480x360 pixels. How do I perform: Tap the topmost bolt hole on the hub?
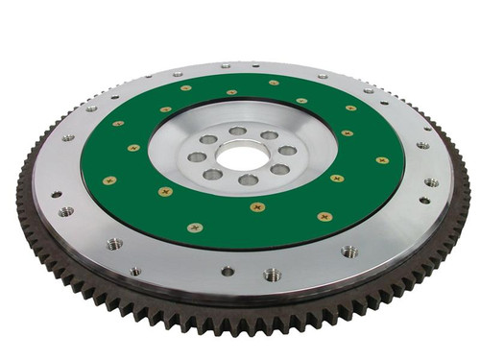point(237,131)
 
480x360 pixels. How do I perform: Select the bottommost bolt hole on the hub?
point(248,180)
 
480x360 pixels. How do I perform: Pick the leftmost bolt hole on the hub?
point(196,156)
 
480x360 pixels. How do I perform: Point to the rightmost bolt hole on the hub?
point(287,151)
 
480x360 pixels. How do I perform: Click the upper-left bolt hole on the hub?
point(208,139)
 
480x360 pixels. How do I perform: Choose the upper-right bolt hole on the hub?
point(270,135)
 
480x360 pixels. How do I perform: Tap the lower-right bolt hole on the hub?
point(279,169)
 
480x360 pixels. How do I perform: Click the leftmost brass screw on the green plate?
point(108,180)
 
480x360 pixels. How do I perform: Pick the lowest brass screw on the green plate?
point(195,228)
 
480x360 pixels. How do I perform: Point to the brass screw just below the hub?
point(257,206)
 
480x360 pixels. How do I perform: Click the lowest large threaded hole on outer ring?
point(273,275)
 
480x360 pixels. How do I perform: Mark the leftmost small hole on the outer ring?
point(55,193)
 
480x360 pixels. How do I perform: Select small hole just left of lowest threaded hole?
point(227,271)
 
